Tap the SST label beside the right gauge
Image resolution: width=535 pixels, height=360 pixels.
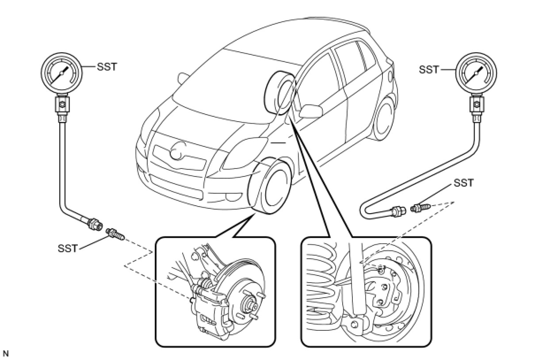pos(429,69)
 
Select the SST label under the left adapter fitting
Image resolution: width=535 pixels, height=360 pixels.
pos(68,248)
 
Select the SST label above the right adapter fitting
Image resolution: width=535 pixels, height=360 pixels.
pos(463,183)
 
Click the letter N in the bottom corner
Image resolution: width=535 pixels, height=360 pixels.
pos(6,353)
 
